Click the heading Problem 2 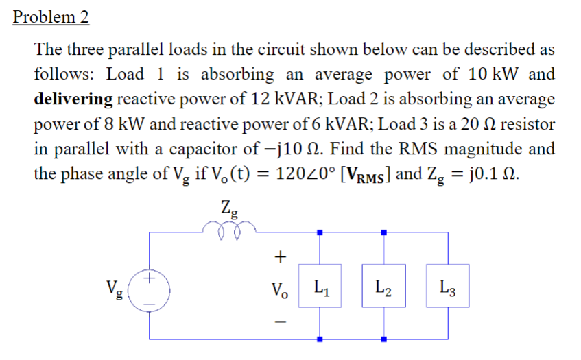pos(51,17)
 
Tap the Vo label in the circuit pos(280,287)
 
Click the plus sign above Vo pos(279,257)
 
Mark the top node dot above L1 pos(320,232)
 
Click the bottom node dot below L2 pos(384,339)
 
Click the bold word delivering pos(73,98)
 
